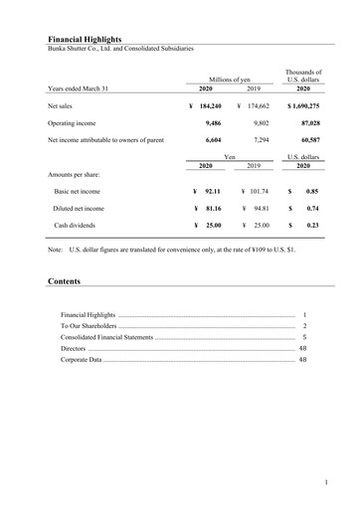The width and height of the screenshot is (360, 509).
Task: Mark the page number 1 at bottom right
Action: (326, 482)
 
